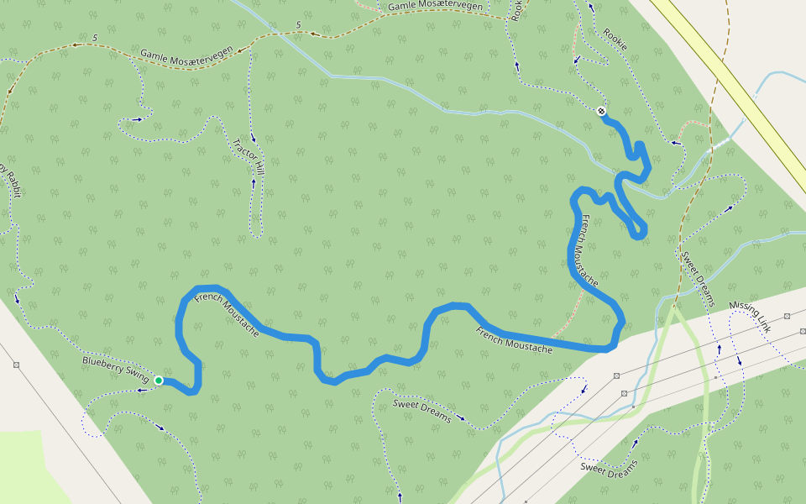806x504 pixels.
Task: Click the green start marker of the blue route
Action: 158,381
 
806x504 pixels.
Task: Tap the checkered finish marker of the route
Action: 601,111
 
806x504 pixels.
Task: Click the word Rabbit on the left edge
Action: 15,190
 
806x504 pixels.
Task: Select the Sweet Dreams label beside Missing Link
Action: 697,278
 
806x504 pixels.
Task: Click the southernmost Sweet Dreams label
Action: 609,469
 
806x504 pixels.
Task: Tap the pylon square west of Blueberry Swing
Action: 17,365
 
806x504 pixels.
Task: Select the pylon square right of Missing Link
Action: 788,316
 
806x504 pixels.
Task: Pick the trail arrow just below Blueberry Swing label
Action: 142,390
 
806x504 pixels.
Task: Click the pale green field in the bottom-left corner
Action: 25,470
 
